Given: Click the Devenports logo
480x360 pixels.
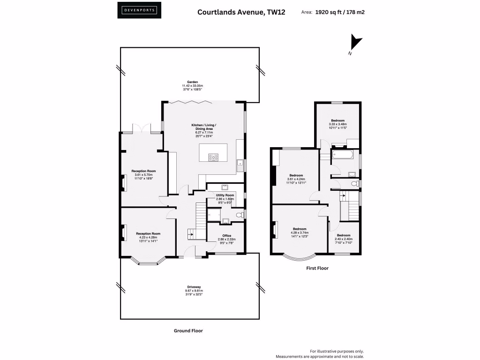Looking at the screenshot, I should point(139,10).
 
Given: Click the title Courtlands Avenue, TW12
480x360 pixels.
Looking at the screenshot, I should point(241,12).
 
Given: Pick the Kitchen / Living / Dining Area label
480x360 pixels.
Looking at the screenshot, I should point(204,125).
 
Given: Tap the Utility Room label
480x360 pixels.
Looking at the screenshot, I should point(225,195).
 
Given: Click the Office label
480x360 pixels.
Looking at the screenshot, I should point(227,235).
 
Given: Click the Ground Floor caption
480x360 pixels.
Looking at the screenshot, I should point(188,330).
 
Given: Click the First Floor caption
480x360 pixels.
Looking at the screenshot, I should point(317,268).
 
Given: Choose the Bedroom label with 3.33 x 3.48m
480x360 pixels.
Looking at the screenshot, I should point(338,120).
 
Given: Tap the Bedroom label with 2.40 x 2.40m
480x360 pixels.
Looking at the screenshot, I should point(343,235).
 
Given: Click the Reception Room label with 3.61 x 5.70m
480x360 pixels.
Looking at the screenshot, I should point(143,171).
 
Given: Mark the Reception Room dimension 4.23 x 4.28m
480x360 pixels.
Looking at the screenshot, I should point(148,238).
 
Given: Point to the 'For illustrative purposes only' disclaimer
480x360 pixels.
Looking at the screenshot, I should point(337,351).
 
